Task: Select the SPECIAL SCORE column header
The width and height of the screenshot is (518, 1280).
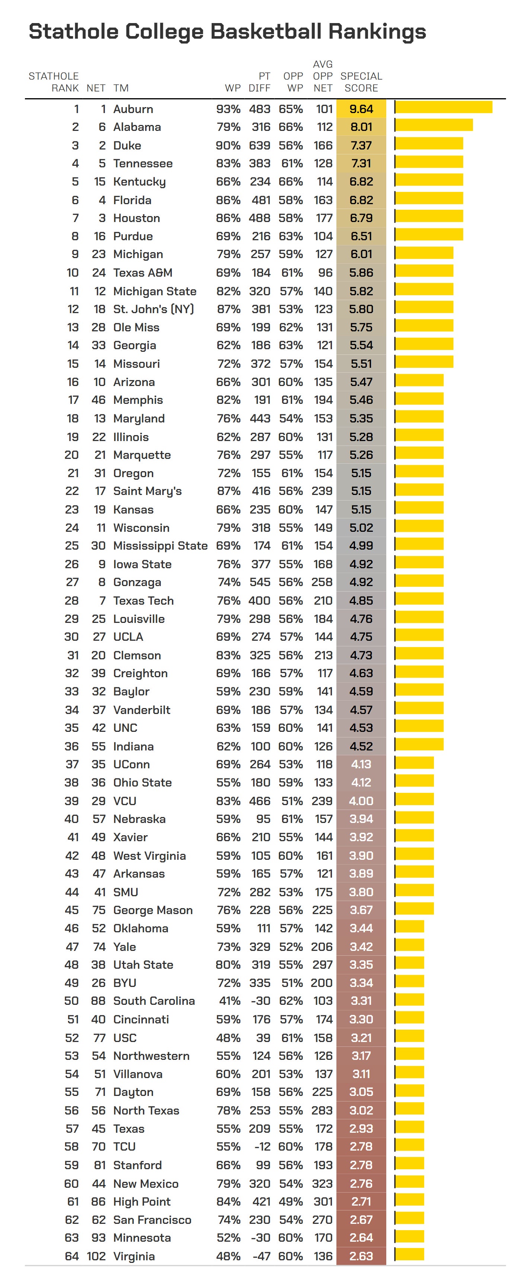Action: pos(361,82)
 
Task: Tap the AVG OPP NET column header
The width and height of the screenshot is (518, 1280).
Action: pos(323,76)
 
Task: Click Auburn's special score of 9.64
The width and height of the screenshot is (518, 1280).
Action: pos(361,109)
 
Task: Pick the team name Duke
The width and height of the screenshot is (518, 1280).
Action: pos(127,145)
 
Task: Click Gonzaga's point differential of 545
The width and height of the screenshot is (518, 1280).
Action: pos(259,582)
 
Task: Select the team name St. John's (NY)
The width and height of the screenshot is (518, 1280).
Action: pos(153,309)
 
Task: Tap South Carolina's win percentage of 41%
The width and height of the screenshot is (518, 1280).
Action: pos(229,1001)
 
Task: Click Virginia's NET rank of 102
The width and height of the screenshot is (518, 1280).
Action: pos(96,1256)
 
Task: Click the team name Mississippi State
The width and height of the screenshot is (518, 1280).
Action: pos(160,546)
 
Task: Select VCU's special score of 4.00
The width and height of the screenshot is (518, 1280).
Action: pos(361,801)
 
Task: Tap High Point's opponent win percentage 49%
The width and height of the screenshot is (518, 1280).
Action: pos(291,1202)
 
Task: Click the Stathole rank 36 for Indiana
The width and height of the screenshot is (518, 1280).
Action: pos(71,746)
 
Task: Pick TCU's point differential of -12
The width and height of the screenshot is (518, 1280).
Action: pos(262,1146)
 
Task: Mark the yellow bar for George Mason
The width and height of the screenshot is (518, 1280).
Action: pos(414,908)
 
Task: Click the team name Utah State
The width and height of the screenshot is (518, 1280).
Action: pos(143,965)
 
